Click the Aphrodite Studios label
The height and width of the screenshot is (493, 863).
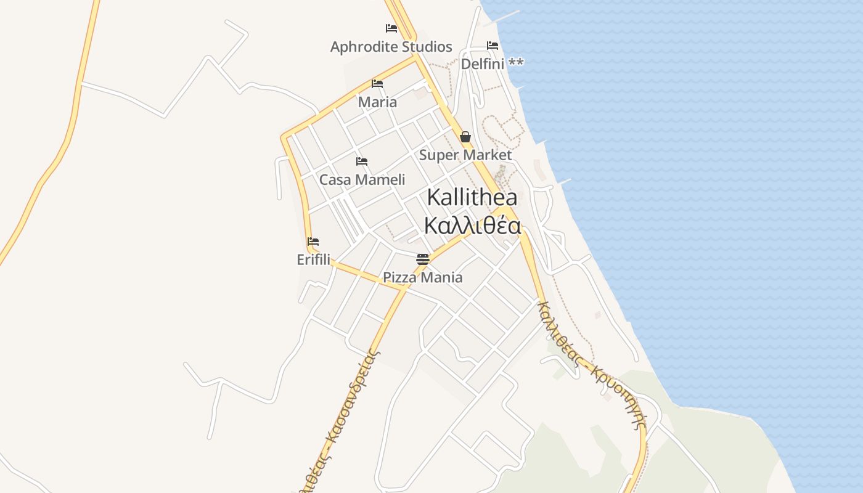(391, 47)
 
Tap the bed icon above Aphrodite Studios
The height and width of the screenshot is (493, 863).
(391, 28)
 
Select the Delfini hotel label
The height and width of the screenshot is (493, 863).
(483, 63)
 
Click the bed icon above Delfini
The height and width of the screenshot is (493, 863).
(492, 46)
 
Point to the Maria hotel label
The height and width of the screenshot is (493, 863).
(377, 102)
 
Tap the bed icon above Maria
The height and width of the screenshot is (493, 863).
(377, 84)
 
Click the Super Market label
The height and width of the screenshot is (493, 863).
(465, 155)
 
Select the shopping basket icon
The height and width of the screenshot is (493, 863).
(465, 137)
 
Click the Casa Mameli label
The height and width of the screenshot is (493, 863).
(362, 180)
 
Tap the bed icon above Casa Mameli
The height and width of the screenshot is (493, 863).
(362, 161)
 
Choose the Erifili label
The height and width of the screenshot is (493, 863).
(313, 260)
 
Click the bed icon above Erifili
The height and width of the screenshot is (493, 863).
(313, 242)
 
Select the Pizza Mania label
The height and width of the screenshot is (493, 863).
(423, 277)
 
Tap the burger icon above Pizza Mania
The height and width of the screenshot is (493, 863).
(422, 259)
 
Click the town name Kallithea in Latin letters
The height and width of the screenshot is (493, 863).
(472, 198)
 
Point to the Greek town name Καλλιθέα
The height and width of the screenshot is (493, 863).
(472, 226)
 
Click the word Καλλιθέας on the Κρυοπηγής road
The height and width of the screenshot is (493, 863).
(559, 333)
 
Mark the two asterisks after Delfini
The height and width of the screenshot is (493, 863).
(516, 63)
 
